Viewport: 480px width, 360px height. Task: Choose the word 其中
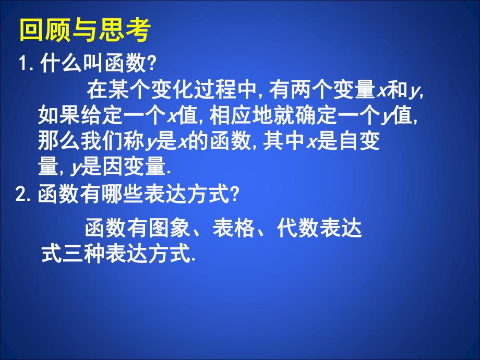pyautogui.click(x=281, y=140)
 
